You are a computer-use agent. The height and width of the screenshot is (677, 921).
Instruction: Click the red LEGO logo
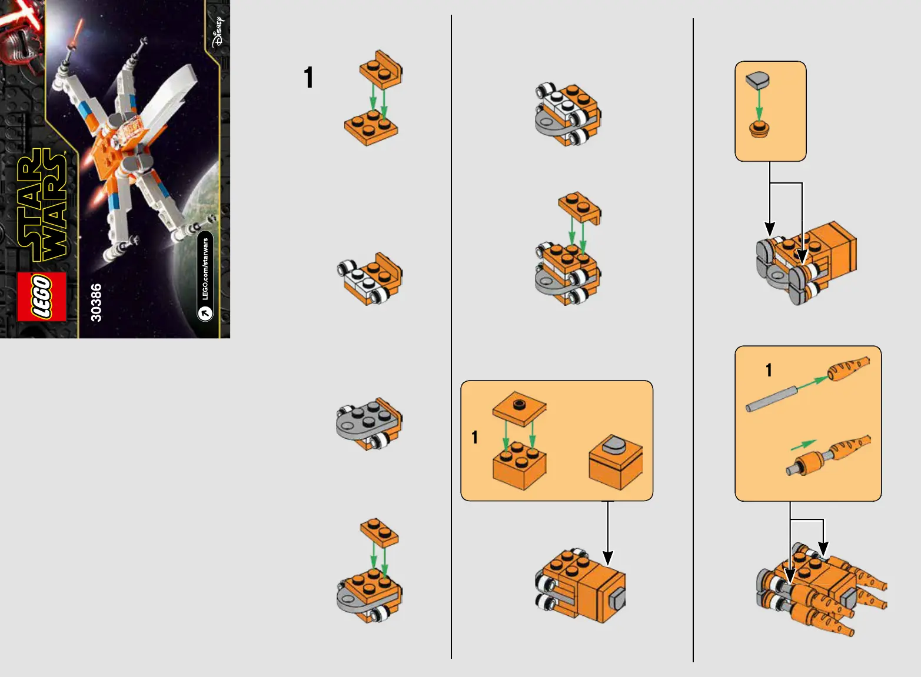(42, 297)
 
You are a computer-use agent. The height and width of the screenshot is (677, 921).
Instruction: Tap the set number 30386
(96, 302)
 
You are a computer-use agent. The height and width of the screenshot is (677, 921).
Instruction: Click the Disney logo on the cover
(218, 32)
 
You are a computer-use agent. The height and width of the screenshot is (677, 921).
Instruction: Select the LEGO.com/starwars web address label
(205, 276)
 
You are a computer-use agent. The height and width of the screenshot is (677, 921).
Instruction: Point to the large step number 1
(308, 77)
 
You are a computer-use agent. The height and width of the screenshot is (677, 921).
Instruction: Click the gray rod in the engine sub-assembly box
(772, 399)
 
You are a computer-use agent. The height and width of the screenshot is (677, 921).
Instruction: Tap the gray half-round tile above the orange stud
(757, 80)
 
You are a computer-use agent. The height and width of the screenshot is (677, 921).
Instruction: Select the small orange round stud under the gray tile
(759, 129)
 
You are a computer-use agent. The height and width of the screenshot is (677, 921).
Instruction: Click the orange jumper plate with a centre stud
(519, 409)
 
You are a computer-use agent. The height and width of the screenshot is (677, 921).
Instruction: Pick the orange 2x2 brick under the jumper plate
(519, 466)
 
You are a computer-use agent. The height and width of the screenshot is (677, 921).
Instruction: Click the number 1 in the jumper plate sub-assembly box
(475, 438)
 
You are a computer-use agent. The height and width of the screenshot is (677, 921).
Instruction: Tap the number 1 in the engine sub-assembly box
(769, 370)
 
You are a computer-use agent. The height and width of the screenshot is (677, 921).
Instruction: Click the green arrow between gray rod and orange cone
(812, 383)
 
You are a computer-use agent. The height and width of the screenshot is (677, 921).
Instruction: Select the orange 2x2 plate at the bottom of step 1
(371, 127)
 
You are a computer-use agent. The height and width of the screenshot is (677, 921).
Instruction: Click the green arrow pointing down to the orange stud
(759, 105)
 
